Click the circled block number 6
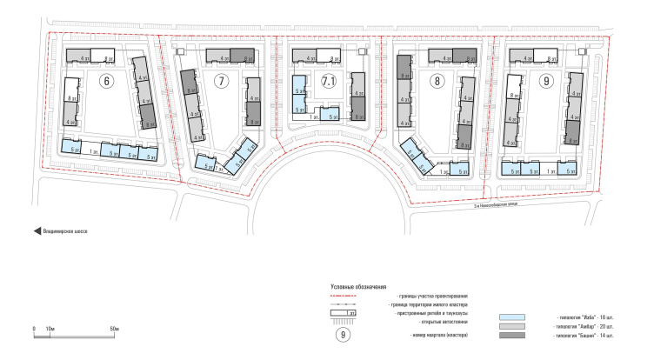[x=107, y=83]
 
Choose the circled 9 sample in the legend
[x=344, y=335]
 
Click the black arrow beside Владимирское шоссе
[x=37, y=231]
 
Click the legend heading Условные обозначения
[x=358, y=286]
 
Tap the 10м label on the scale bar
[x=50, y=328]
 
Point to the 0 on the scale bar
[x=33, y=328]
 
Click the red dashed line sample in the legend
[x=344, y=296]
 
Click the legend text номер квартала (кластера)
[x=417, y=336]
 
